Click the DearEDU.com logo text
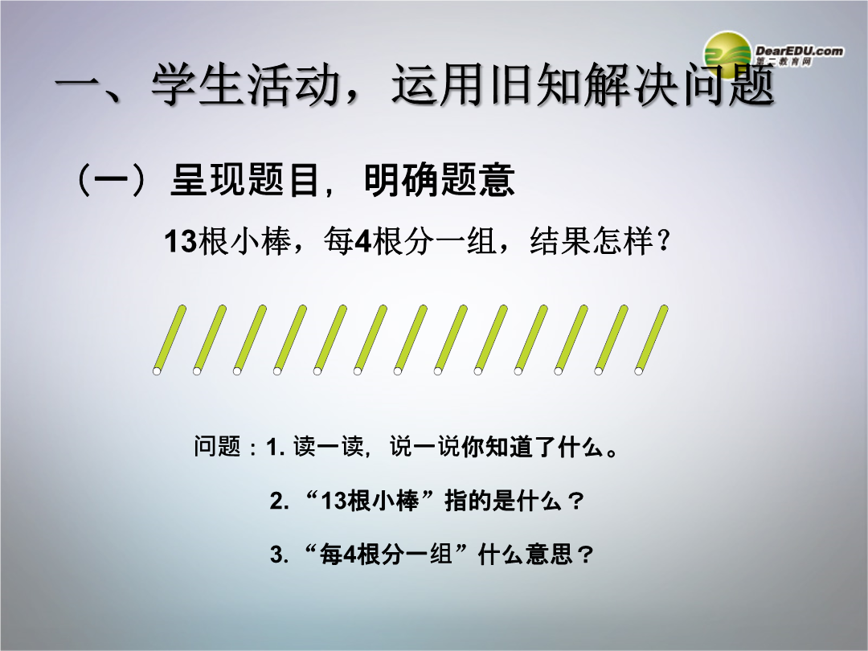pos(800,51)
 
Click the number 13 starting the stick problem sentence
pos(181,242)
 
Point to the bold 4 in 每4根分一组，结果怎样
pos(362,242)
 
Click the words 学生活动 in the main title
pos(245,84)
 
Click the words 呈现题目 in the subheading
pos(245,180)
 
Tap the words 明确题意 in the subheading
pos(440,180)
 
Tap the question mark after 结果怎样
pos(663,242)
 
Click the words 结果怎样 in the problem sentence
pos(592,242)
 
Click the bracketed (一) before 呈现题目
pos(112,180)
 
